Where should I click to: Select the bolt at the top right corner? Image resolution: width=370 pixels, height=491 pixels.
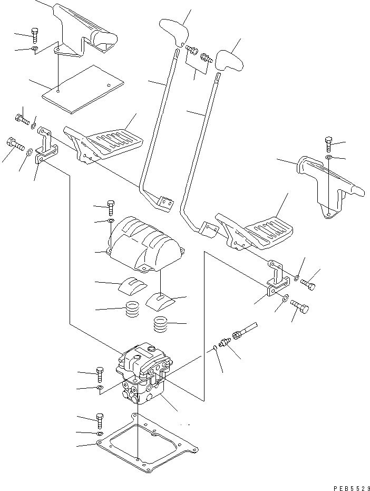point(329,143)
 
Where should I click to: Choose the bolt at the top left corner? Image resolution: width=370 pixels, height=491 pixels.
point(34,35)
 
